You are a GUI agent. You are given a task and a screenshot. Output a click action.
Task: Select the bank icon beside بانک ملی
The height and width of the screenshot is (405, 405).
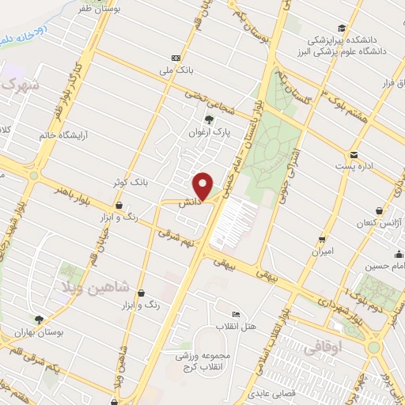(176, 58)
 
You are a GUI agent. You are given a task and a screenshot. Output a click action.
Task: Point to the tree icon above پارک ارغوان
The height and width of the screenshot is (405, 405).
(209, 120)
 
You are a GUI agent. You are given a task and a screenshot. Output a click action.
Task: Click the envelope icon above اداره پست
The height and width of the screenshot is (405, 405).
(354, 154)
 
